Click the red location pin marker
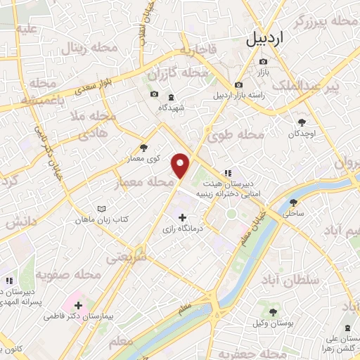181,165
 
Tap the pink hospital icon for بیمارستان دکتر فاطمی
77,306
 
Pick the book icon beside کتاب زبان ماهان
102,209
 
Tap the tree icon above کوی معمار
143,147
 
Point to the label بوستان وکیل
269,323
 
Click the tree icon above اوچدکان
303,120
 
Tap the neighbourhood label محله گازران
178,74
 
